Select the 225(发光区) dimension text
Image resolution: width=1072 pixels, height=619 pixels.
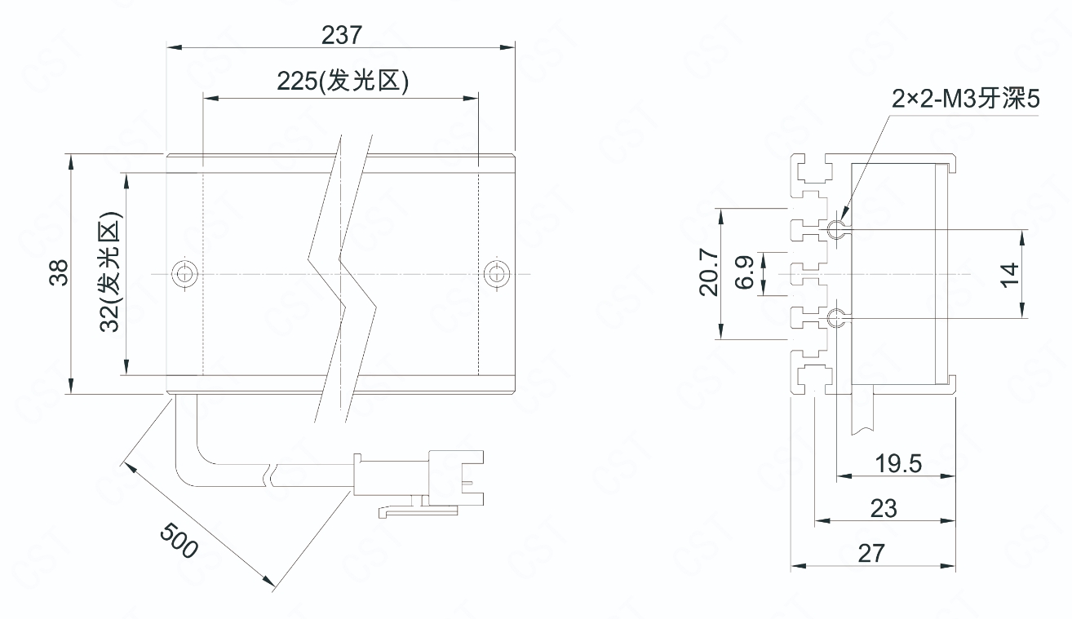[x=341, y=83]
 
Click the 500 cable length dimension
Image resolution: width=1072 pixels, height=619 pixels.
[x=178, y=541]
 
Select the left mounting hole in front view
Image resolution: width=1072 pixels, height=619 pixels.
[x=184, y=274]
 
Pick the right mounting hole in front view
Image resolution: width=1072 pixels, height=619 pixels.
[x=494, y=274]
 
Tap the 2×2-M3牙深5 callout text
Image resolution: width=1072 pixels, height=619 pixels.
[x=966, y=99]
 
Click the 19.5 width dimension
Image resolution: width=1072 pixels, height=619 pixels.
[x=898, y=464]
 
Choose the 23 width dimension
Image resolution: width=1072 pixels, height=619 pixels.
[x=884, y=508]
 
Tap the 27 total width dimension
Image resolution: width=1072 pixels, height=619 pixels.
[x=871, y=553]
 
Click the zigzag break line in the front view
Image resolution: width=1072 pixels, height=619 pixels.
[x=343, y=277]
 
